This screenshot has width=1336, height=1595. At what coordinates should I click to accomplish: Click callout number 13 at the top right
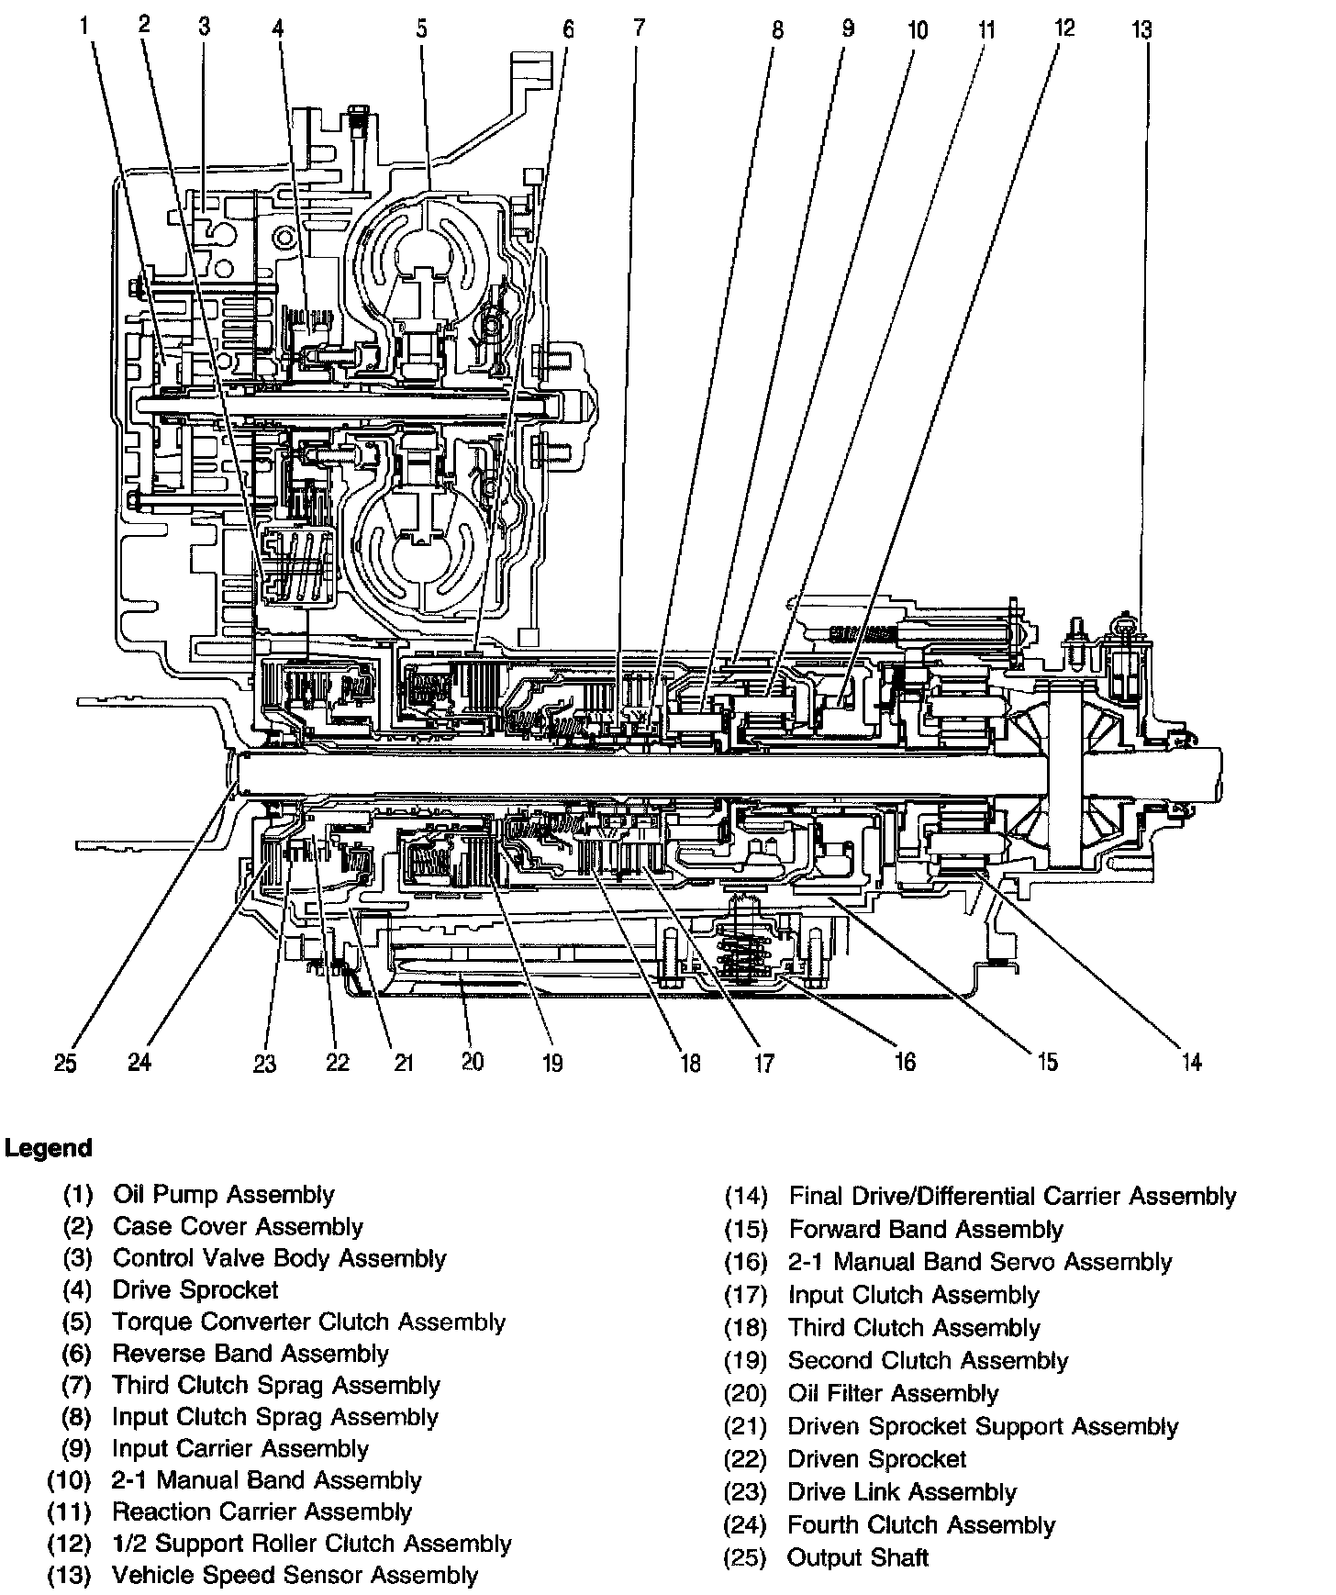click(1141, 30)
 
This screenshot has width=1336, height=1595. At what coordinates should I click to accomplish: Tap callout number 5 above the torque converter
click(421, 28)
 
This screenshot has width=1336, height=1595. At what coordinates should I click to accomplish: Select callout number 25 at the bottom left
click(64, 1063)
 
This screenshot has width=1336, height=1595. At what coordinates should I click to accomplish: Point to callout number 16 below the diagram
click(905, 1062)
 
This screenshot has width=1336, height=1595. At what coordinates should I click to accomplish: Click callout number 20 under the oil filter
click(472, 1062)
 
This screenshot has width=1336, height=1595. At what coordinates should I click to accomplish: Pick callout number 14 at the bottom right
click(1190, 1062)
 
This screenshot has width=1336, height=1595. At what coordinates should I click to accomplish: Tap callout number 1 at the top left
click(85, 26)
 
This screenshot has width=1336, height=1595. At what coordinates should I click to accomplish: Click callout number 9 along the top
click(847, 28)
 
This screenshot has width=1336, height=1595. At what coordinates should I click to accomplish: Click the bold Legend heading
click(49, 1148)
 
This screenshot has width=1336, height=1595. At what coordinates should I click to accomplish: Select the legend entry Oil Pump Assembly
click(223, 1195)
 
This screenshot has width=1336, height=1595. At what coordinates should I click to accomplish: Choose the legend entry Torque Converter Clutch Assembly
click(308, 1322)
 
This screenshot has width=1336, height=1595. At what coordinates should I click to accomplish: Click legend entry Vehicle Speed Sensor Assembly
click(295, 1576)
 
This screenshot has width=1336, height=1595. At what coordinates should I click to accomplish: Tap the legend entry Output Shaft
click(858, 1557)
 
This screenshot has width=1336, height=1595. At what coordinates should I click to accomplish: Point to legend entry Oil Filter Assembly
click(893, 1394)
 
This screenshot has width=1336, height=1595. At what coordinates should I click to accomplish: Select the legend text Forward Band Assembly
click(925, 1230)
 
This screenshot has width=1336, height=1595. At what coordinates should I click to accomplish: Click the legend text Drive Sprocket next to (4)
click(195, 1290)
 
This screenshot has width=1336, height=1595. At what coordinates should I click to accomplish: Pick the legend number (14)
click(745, 1197)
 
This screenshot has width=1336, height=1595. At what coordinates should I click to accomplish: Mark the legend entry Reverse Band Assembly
click(250, 1354)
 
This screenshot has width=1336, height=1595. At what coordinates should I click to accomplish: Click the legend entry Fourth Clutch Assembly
click(921, 1525)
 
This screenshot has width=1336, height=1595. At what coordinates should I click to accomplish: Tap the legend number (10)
click(70, 1480)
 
